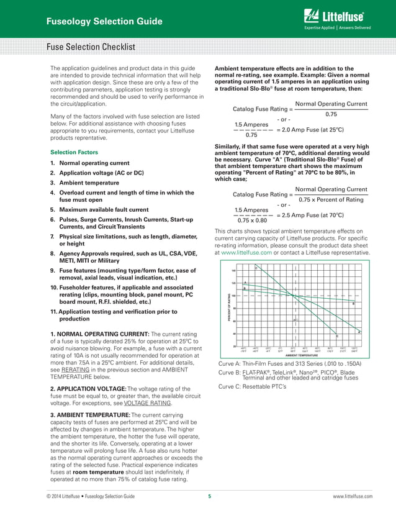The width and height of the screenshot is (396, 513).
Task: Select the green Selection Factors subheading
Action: [74, 152]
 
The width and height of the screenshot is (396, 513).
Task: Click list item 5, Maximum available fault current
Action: [104, 210]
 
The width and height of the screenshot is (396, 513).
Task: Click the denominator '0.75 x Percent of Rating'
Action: [331, 199]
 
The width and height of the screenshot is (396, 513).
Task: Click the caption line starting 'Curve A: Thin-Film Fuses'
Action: [290, 363]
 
